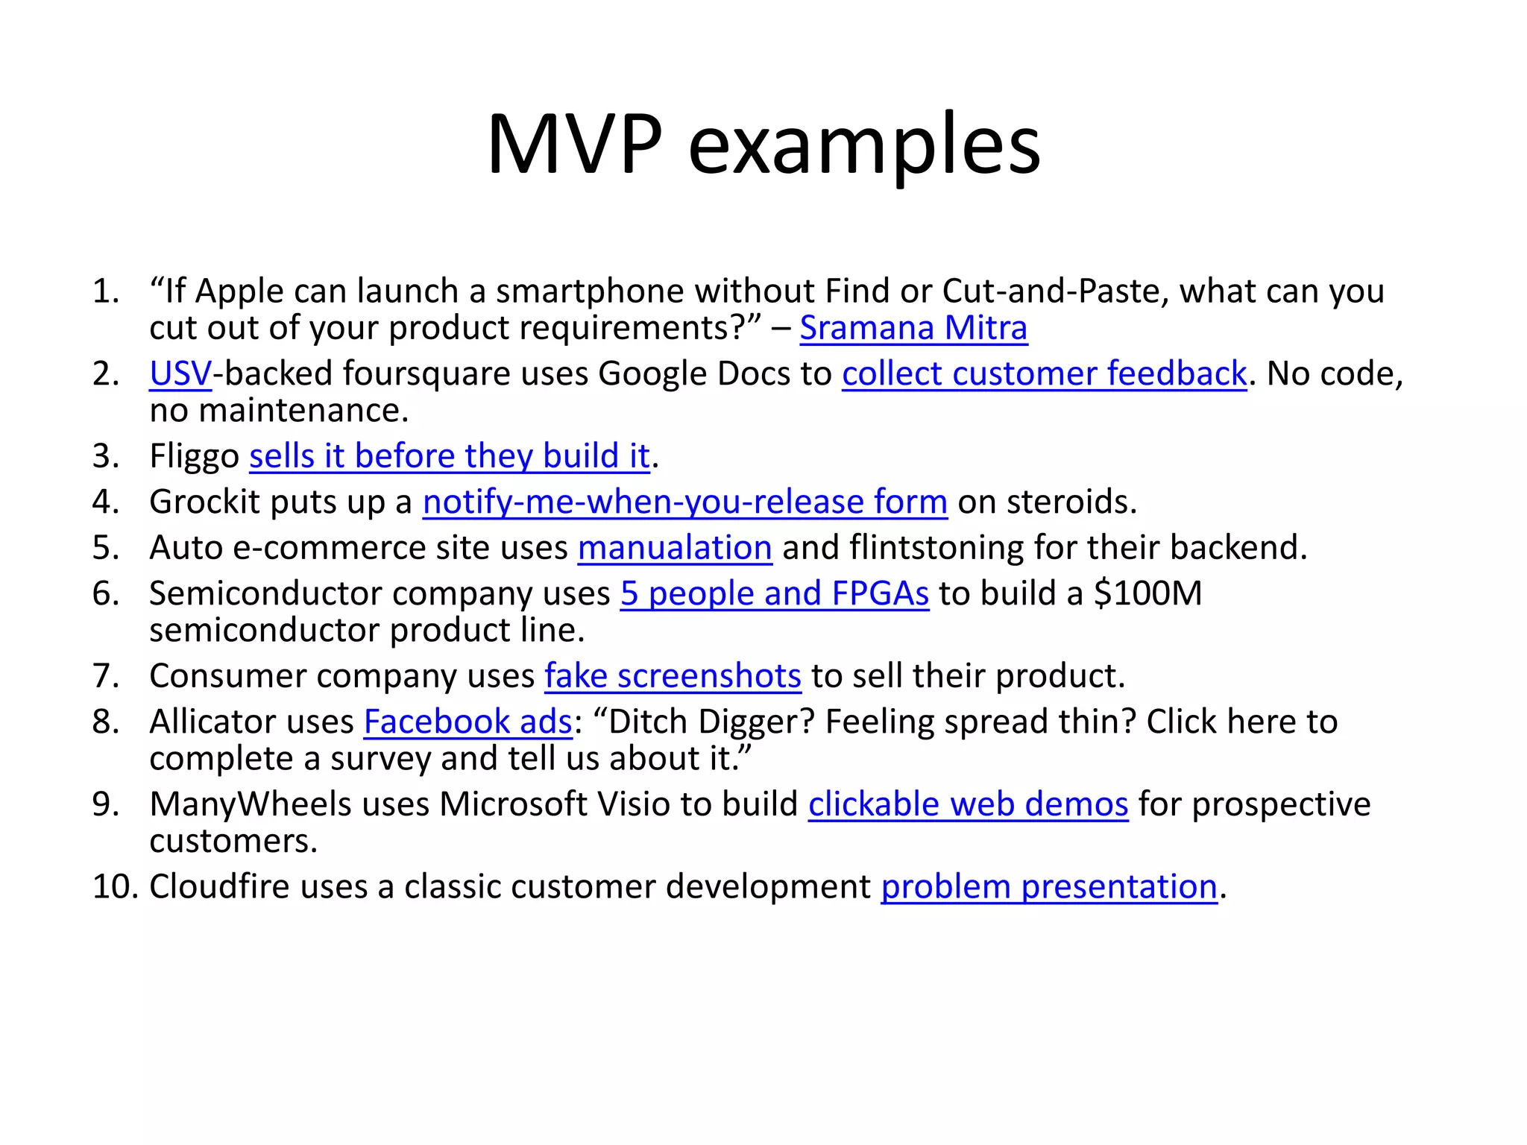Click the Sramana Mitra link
[913, 328]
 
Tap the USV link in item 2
[180, 373]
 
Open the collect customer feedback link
[1044, 373]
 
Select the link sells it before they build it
[450, 456]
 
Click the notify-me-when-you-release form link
[684, 502]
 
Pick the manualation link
[675, 548]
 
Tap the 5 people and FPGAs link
[774, 593]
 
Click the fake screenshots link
[673, 676]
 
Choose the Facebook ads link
[467, 722]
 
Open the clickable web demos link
[968, 804]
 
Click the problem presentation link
[1048, 887]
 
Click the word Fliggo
[194, 456]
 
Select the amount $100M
[1147, 593]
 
